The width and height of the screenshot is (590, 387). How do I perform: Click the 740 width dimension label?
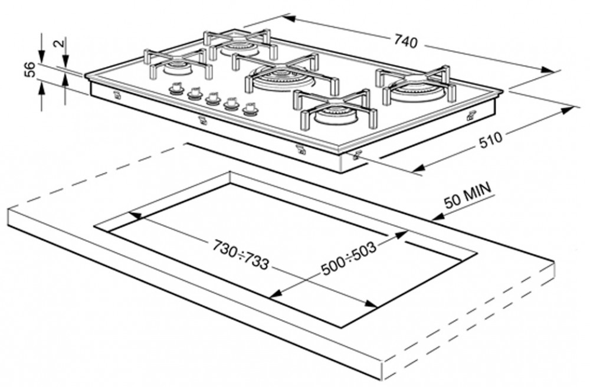click(405, 42)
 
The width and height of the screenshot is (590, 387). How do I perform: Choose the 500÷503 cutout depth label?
click(348, 260)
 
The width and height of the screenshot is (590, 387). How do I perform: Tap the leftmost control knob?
click(176, 89)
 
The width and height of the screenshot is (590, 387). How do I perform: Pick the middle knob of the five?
click(212, 98)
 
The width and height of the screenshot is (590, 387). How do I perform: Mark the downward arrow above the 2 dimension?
click(65, 58)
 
